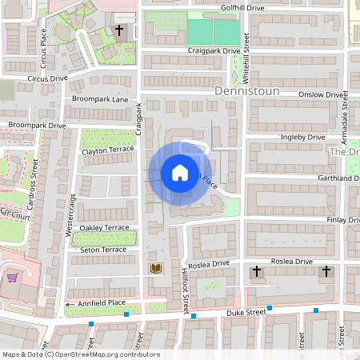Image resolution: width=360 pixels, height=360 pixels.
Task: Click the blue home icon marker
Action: (x=180, y=174)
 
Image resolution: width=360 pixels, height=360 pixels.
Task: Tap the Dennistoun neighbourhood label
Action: (x=247, y=92)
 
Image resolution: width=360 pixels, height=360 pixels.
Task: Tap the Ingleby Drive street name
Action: (x=302, y=138)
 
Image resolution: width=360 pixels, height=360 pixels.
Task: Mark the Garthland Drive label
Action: (x=323, y=178)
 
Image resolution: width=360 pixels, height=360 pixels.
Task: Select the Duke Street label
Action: (x=246, y=311)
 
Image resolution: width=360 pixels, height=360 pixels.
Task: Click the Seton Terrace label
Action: (x=103, y=250)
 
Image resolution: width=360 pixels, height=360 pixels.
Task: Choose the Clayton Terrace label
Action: (x=107, y=150)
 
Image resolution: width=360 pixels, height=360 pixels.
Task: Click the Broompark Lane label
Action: (x=99, y=99)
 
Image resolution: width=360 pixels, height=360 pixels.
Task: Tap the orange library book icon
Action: (x=154, y=269)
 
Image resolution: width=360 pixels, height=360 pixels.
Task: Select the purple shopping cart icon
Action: (x=13, y=278)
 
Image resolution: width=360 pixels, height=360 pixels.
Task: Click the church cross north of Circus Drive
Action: (x=119, y=31)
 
